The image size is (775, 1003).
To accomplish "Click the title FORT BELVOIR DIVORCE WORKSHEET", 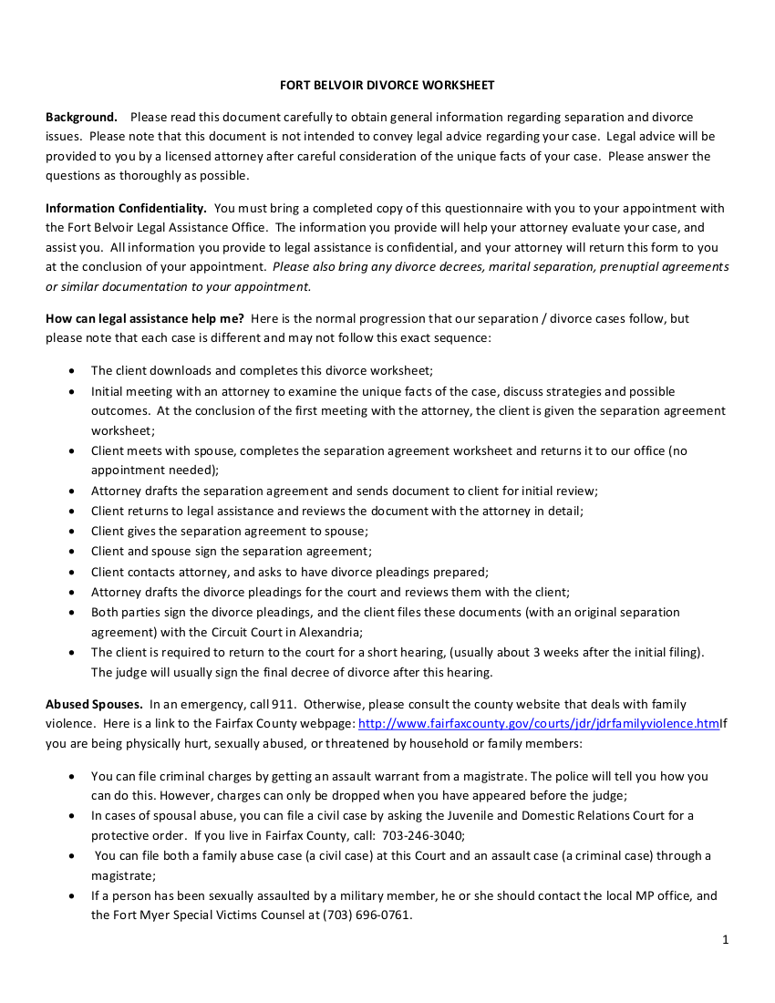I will tap(387, 85).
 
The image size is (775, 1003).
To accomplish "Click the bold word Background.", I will tap(81, 117).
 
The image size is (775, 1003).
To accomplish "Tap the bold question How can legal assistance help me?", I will tap(144, 318).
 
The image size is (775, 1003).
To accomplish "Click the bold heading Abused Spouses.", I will tap(94, 704).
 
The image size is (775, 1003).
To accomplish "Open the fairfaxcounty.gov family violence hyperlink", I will tap(538, 723).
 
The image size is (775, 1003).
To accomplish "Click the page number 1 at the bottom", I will tap(725, 940).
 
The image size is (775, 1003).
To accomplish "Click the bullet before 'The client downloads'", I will tap(72, 371).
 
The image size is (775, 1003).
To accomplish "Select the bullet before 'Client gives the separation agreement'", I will tap(72, 532).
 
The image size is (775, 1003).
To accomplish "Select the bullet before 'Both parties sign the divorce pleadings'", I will tap(72, 612).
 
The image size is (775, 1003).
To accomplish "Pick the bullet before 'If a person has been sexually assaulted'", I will tap(72, 895).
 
